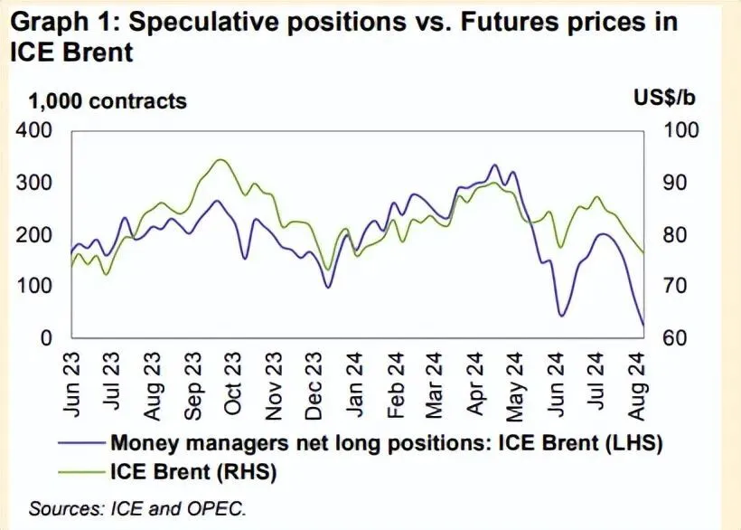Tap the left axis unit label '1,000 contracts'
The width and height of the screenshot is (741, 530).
(x=108, y=100)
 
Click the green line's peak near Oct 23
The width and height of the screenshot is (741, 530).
(x=219, y=159)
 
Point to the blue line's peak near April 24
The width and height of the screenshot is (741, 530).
(x=494, y=166)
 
